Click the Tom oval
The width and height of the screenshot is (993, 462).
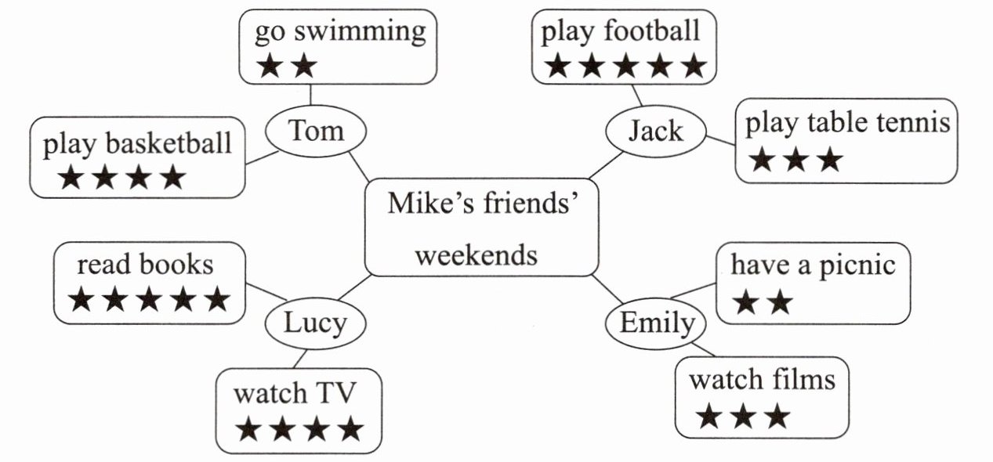[x=316, y=131]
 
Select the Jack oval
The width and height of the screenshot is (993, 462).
[x=656, y=131]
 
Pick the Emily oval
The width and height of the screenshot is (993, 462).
[x=657, y=323]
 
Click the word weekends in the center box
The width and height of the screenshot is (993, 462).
[x=476, y=254]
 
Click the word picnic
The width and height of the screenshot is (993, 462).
[x=857, y=265]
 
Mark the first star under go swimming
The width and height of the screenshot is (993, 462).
[x=269, y=67]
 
